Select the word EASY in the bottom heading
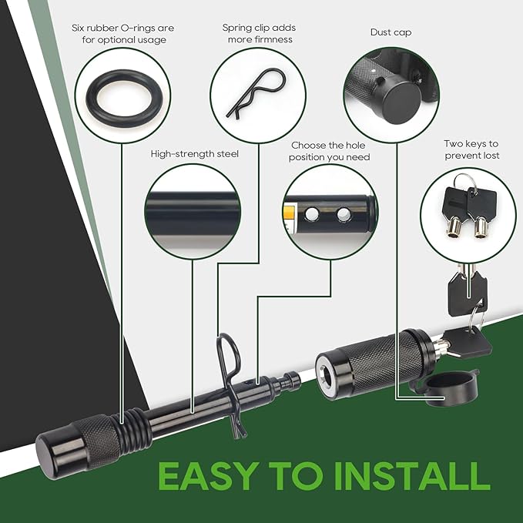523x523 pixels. coord(207,476)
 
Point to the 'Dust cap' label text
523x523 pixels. coord(391,32)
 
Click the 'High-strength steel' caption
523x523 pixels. coord(195,154)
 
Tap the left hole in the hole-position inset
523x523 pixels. coord(312,214)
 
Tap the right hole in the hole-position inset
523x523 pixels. coord(344,214)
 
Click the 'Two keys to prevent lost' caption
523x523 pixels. coord(471,149)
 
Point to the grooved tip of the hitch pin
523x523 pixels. coord(290,381)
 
